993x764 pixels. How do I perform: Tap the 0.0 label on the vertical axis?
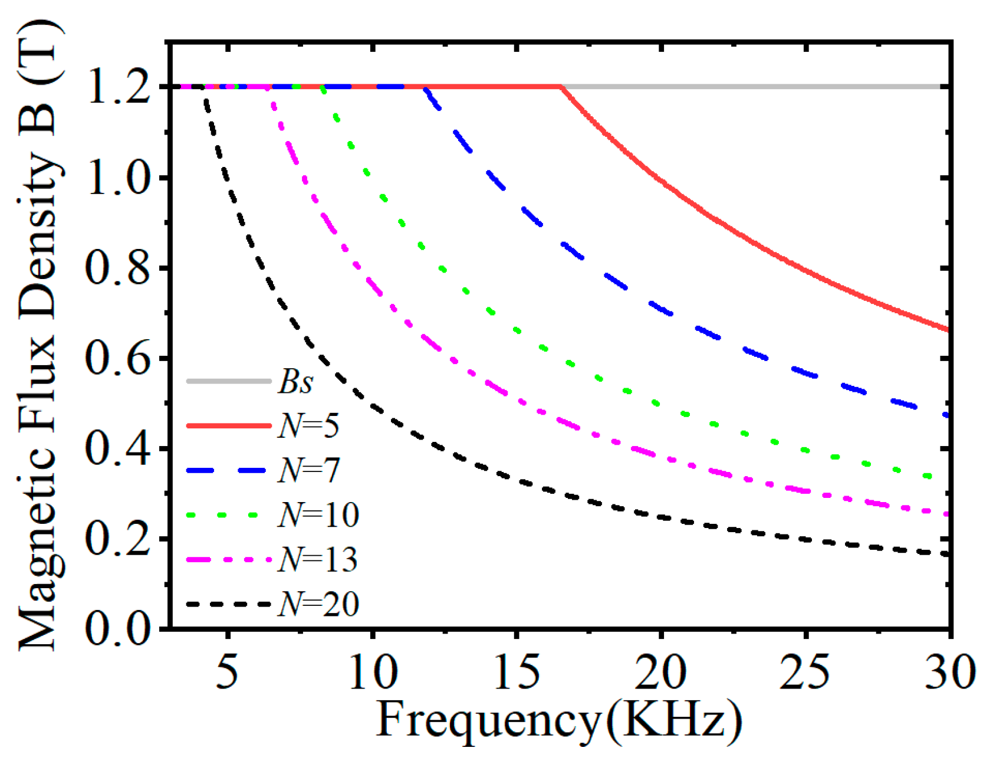click(x=117, y=628)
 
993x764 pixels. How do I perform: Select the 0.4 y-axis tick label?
click(x=117, y=449)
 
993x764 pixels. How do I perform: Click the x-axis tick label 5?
click(x=227, y=671)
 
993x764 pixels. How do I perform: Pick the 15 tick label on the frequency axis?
click(x=516, y=671)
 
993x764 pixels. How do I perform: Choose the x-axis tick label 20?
click(x=660, y=671)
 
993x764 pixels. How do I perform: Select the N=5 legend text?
click(x=308, y=425)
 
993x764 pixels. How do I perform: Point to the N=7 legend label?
click(x=309, y=470)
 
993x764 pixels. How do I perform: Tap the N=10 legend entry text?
click(x=318, y=514)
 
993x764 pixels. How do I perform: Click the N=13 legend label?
click(x=318, y=559)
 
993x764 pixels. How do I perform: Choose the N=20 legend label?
click(x=318, y=604)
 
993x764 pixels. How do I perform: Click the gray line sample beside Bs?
click(x=229, y=381)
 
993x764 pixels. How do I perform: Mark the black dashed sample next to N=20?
click(x=229, y=604)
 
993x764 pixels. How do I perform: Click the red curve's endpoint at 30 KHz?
click(x=948, y=330)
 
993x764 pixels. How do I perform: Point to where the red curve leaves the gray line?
click(x=561, y=87)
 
